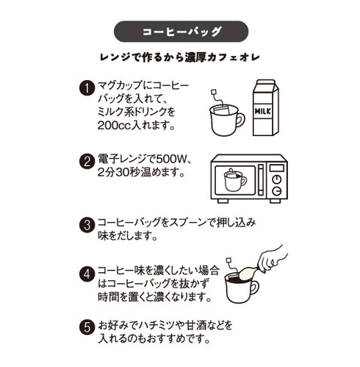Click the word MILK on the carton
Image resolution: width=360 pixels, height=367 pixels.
[264, 113]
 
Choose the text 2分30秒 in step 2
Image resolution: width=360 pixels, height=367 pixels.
[122, 175]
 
